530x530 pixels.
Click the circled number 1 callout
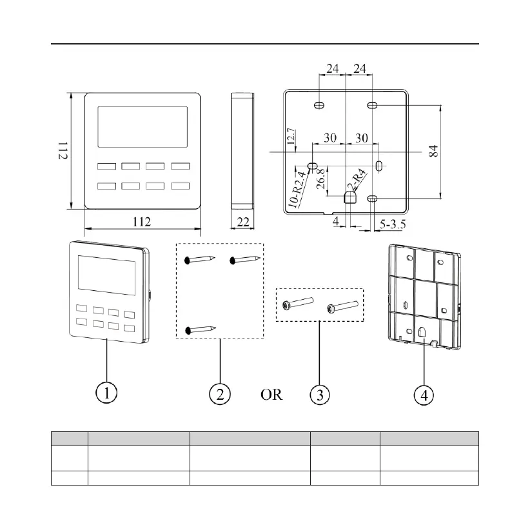pyautogui.click(x=106, y=393)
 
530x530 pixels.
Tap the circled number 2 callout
pyautogui.click(x=220, y=393)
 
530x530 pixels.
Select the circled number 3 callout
pyautogui.click(x=318, y=393)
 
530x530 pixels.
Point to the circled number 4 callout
pyautogui.click(x=423, y=393)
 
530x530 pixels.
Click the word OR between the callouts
pyautogui.click(x=271, y=394)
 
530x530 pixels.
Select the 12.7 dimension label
pyautogui.click(x=291, y=135)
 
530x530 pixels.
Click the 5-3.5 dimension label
pyautogui.click(x=392, y=225)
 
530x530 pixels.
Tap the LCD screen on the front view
pyautogui.click(x=142, y=126)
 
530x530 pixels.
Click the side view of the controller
pyautogui.click(x=242, y=151)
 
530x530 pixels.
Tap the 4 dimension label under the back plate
pyautogui.click(x=336, y=221)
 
